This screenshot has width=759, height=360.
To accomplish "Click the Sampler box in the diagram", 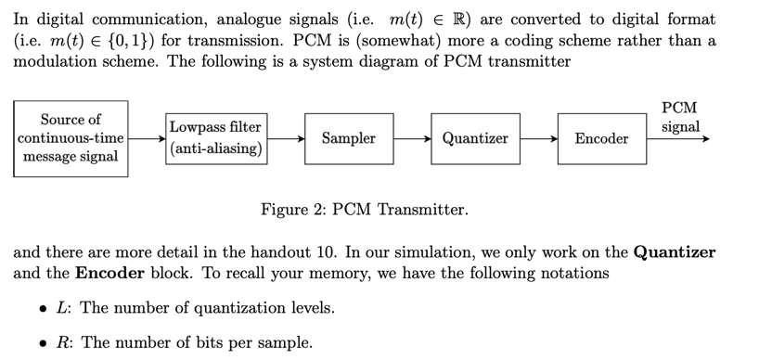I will click(348, 138).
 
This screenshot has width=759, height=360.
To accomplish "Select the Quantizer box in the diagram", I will click(475, 138).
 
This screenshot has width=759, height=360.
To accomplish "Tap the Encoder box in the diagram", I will click(601, 138).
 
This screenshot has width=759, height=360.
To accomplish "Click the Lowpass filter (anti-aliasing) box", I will click(215, 138).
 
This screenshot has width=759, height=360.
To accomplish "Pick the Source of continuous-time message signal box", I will click(71, 138).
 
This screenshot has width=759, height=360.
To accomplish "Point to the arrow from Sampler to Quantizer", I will click(412, 138).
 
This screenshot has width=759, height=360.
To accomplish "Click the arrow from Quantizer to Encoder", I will click(538, 138).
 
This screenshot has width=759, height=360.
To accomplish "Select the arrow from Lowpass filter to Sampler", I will click(286, 138).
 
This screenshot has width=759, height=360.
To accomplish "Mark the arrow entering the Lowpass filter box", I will click(147, 138).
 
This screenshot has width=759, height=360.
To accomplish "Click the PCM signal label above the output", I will click(681, 117).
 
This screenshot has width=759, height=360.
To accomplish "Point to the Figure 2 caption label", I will click(364, 210).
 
